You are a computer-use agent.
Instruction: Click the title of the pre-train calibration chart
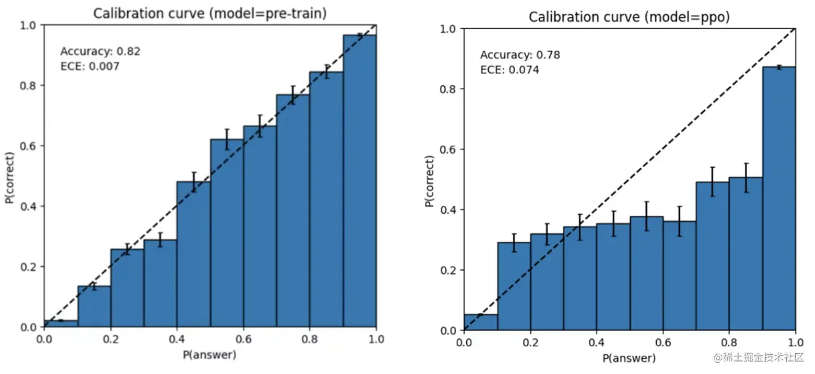pos(210,14)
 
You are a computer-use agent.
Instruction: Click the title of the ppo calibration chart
pos(629,18)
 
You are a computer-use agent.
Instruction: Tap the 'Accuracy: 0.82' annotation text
pos(100,51)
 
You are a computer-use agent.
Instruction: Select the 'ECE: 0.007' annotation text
pos(89,67)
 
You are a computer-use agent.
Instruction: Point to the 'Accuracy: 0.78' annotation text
pos(520,55)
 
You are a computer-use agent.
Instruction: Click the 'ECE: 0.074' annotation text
pos(509,70)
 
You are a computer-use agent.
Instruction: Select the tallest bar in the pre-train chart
pos(359,181)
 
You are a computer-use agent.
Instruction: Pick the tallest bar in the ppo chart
pos(779,198)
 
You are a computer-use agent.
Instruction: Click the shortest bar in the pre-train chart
pos(61,324)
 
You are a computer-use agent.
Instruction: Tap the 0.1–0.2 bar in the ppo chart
pos(514,286)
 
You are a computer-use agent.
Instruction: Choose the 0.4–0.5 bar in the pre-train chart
pos(194,254)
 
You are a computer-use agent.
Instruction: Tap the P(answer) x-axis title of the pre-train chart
pos(209,355)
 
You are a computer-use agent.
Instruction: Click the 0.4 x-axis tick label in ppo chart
pos(596,342)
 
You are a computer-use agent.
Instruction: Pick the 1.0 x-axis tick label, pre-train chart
pos(376,339)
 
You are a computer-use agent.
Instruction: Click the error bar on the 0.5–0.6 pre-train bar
pos(227,139)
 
